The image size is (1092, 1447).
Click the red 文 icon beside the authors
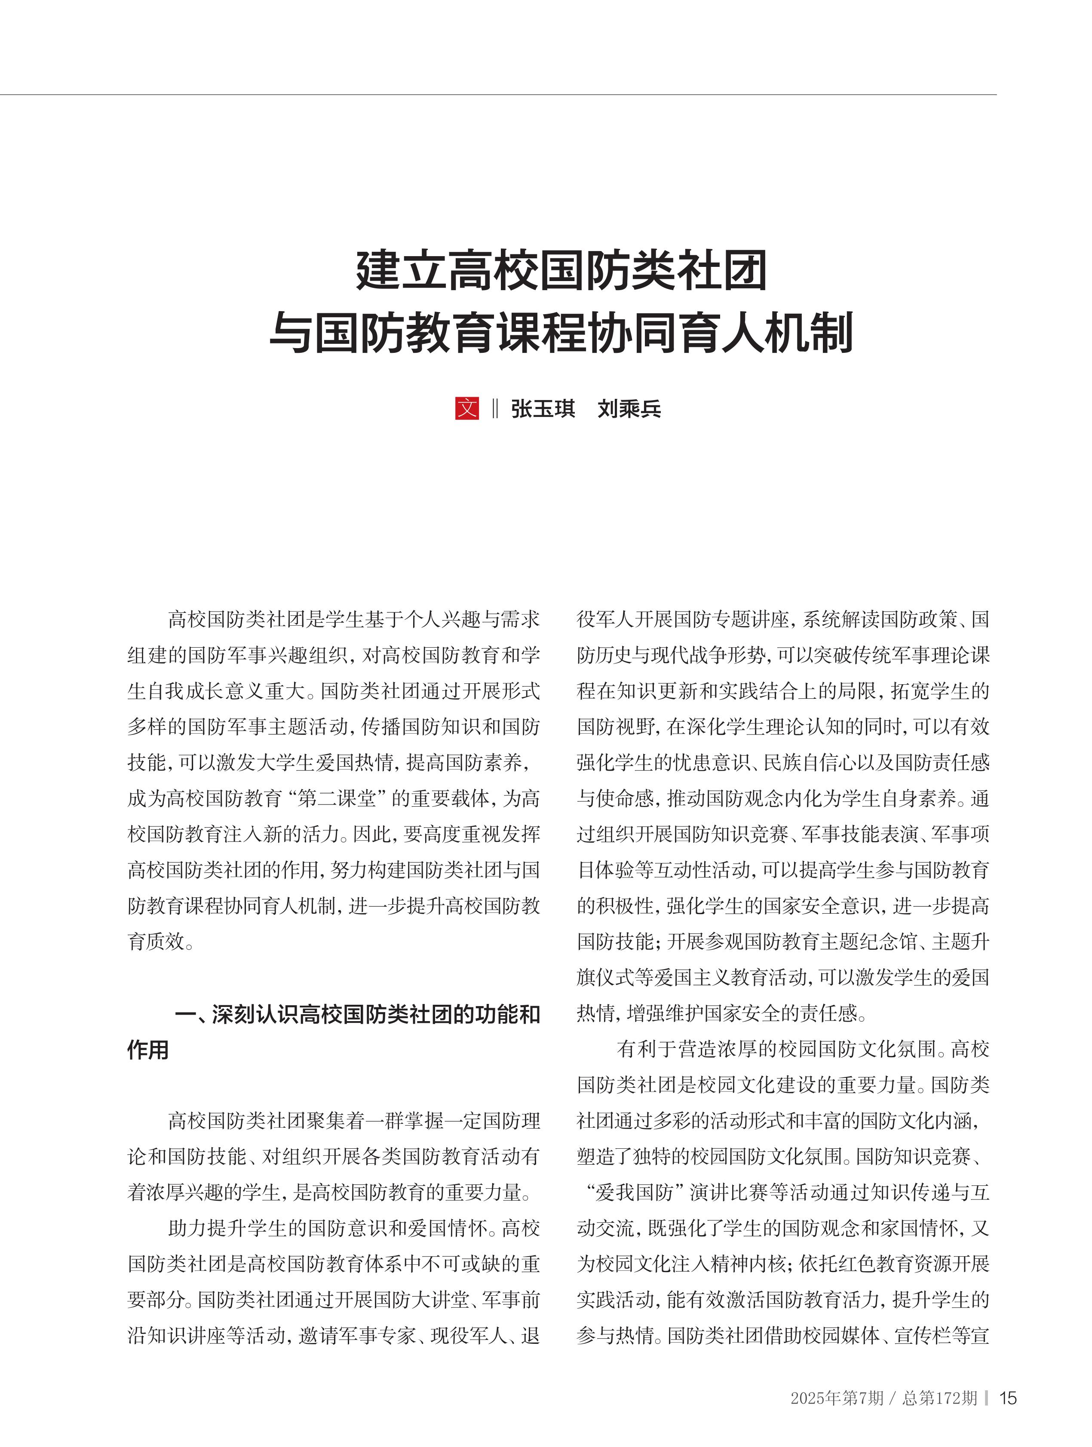(466, 408)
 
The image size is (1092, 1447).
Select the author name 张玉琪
(543, 409)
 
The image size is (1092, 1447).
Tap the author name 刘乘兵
(629, 409)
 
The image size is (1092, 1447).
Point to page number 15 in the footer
(1008, 1398)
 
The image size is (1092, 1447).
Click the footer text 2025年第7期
(837, 1398)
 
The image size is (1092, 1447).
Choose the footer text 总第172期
(939, 1398)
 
